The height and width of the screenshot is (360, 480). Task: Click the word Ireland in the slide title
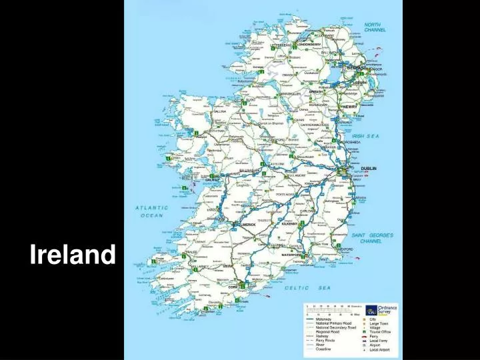(73, 255)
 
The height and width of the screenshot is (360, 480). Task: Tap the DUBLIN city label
(368, 169)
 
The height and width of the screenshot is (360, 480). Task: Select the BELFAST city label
(355, 68)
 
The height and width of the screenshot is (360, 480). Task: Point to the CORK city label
(233, 287)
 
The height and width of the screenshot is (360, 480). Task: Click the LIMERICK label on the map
(246, 225)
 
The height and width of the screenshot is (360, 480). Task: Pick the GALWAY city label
(213, 179)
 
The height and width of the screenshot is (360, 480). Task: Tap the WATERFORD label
(292, 255)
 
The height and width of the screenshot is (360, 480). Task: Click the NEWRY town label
(349, 106)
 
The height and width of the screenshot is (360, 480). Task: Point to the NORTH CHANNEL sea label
(375, 27)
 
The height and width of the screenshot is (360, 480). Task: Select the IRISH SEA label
(367, 136)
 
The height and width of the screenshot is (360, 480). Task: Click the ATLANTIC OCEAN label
(151, 211)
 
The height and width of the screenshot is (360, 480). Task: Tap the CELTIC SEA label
(307, 287)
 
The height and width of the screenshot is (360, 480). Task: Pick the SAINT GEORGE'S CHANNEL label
(372, 238)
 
